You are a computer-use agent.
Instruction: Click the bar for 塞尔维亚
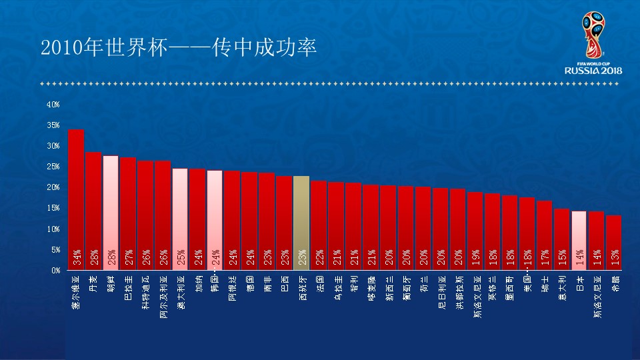76,200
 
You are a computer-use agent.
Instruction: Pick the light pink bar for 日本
579,241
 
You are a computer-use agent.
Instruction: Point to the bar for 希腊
613,243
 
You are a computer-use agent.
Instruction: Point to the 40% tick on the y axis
53,105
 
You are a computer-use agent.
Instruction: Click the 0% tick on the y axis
55,271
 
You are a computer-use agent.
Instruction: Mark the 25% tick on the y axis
53,167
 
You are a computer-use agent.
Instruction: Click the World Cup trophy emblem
593,35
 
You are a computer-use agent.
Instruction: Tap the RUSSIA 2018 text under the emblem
593,71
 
